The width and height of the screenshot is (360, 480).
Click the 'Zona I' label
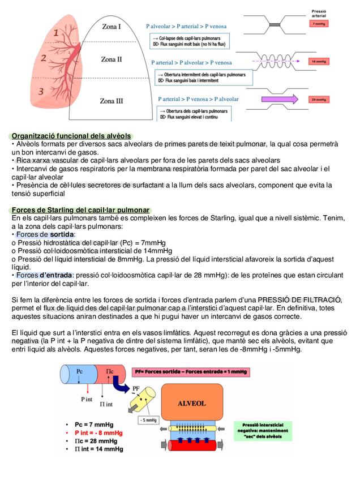point(112,27)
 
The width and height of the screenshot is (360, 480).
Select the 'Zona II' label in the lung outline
point(112,59)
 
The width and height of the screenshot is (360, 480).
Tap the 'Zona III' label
point(112,101)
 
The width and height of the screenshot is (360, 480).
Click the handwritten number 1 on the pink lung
point(56,34)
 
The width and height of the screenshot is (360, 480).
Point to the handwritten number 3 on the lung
point(40,91)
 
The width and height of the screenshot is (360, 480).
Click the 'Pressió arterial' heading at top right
point(319,13)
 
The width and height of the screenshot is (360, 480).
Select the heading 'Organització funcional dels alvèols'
point(71,136)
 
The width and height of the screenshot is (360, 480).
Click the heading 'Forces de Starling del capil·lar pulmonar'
point(80,211)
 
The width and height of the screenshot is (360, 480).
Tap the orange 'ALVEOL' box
point(192,404)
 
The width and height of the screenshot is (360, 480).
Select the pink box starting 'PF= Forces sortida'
point(191,372)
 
